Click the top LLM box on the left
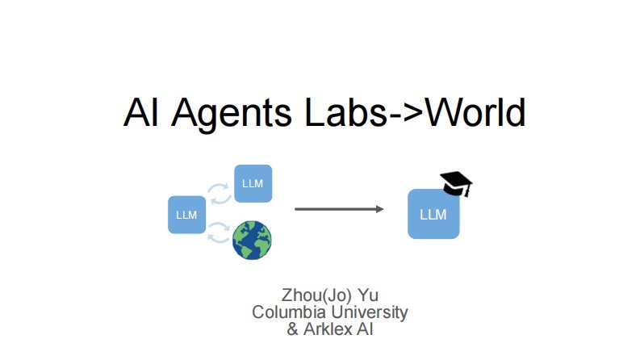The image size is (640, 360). pos(253,183)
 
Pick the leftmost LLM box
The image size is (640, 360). pos(186,214)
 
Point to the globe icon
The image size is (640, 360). pos(252,240)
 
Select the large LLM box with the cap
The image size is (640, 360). pos(433,214)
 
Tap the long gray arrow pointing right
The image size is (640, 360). pos(339,209)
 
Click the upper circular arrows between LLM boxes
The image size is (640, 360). pos(219,193)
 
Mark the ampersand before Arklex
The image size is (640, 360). pos(293,329)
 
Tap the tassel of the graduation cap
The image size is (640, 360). pos(466,189)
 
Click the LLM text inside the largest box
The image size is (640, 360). pos(433,215)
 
